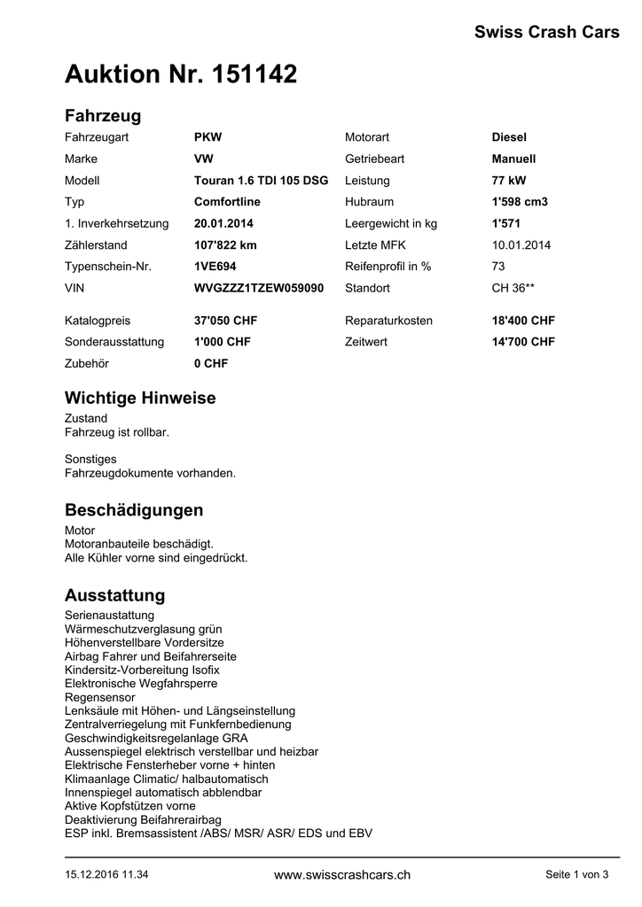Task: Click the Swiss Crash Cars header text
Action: (546, 33)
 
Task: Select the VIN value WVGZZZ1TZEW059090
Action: (258, 288)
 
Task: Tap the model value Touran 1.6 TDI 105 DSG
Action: (261, 180)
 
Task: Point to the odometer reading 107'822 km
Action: (225, 244)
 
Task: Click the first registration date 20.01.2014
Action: (223, 223)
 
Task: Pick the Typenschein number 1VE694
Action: (215, 266)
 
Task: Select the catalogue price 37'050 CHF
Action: (225, 321)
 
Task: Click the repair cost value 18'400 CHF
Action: (523, 321)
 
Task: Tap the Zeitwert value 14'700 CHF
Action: (523, 342)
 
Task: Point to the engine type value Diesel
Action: (509, 137)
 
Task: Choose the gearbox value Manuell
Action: (513, 159)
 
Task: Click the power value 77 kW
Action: (509, 180)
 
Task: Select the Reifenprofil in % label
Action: (388, 266)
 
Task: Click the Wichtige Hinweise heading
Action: (140, 399)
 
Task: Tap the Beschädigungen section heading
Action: (134, 510)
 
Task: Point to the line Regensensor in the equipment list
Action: (100, 697)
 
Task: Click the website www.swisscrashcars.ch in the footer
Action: (342, 875)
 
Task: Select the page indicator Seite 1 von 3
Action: (576, 875)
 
